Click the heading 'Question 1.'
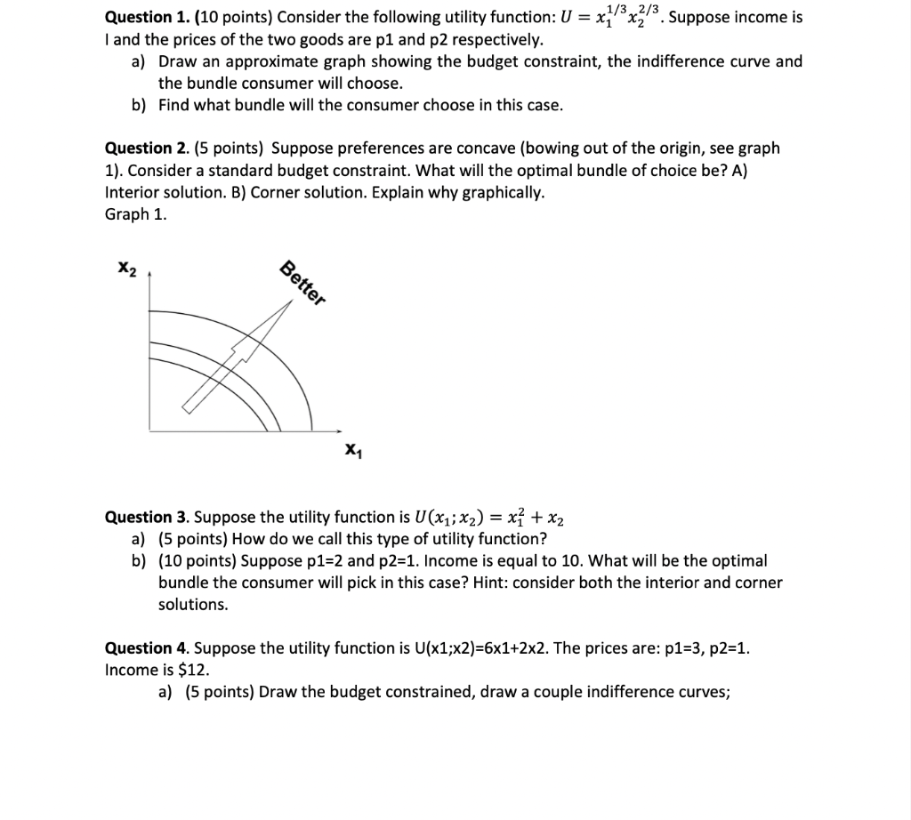click(140, 17)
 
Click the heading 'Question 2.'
click(140, 148)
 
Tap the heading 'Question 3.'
click(140, 517)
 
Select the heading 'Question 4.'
click(140, 647)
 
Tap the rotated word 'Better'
click(302, 284)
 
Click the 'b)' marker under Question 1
click(139, 105)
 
